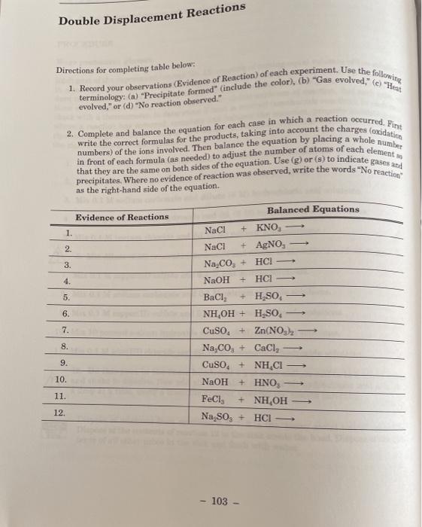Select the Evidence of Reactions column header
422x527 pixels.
tap(121, 217)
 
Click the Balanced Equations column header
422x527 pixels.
tap(313, 209)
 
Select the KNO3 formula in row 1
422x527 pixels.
tap(269, 227)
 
